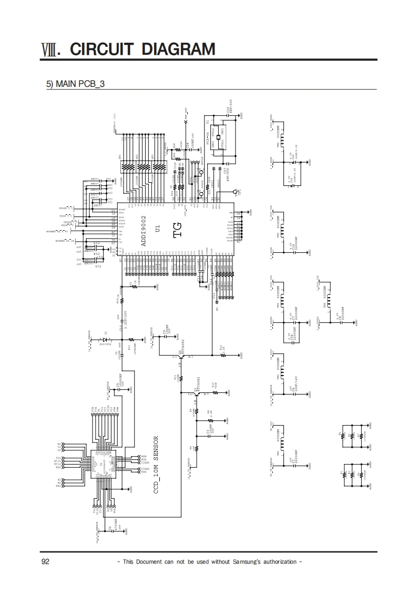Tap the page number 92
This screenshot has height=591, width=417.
(45, 562)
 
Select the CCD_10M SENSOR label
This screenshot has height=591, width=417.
(156, 464)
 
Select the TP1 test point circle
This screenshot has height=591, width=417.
(236, 191)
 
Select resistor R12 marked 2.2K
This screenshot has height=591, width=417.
(222, 355)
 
